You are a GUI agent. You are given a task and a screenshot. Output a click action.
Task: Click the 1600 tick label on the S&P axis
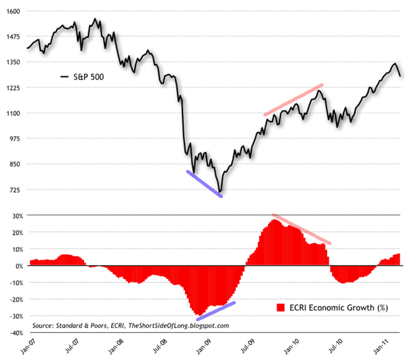point(12,11)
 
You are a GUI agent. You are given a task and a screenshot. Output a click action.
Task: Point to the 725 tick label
point(14,190)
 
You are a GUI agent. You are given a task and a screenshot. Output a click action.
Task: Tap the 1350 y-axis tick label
point(12,62)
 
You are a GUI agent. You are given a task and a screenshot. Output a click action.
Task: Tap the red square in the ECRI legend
point(280,308)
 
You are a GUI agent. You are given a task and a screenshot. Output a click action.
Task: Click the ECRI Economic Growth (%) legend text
point(337,308)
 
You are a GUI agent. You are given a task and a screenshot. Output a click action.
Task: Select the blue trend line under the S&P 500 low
point(204,184)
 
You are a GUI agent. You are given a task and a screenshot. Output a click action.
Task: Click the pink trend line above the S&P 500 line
point(294,100)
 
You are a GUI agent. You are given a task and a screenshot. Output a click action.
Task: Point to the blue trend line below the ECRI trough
point(216,310)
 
